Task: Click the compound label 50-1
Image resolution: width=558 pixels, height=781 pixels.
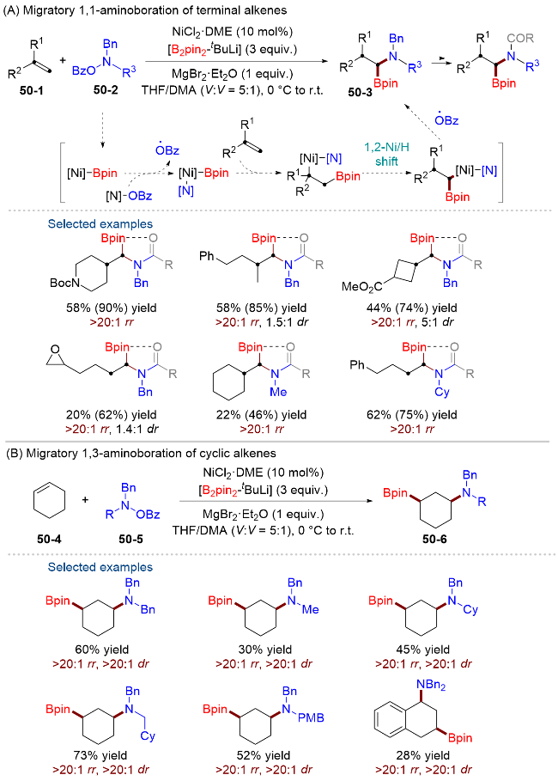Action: click(x=32, y=91)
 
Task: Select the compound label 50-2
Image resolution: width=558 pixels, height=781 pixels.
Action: click(x=106, y=90)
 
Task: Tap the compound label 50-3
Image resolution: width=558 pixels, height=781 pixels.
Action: click(x=360, y=92)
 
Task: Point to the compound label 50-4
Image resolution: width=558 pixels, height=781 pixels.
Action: click(x=49, y=539)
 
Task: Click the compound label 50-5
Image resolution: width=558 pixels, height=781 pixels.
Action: click(x=130, y=539)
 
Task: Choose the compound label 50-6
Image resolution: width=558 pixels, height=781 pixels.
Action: click(x=434, y=539)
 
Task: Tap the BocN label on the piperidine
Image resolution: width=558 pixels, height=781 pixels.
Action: click(x=64, y=283)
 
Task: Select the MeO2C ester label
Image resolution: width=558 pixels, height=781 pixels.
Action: click(x=362, y=286)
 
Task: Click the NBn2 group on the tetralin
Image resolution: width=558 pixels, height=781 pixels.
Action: click(x=431, y=686)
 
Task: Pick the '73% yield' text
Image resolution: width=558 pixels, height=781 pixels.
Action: click(x=101, y=755)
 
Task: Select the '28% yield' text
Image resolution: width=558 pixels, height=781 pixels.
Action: click(x=423, y=755)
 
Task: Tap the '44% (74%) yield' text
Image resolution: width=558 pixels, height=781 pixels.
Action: click(x=412, y=308)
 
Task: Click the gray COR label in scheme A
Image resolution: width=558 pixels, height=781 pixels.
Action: click(x=520, y=39)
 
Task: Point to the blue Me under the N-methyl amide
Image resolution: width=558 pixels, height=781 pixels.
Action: click(x=278, y=392)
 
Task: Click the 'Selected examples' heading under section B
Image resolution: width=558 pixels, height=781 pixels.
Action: click(x=100, y=567)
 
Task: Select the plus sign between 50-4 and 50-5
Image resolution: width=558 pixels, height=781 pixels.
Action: click(x=85, y=499)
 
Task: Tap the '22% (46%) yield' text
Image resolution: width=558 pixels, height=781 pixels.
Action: click(x=261, y=415)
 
